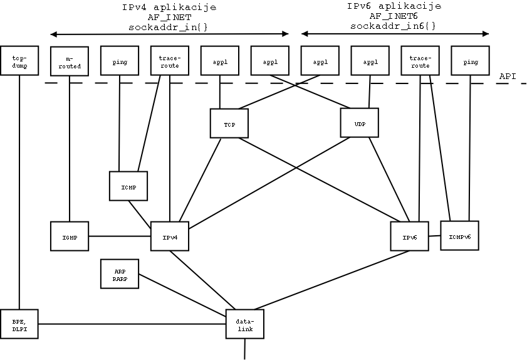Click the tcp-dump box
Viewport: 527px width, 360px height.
[x=19, y=60]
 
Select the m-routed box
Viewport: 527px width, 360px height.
[x=69, y=62]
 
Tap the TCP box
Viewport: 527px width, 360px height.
[x=229, y=124]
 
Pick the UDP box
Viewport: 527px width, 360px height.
[x=360, y=124]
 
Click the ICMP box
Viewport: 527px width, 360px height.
[x=128, y=186]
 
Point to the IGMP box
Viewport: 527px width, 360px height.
[x=69, y=236]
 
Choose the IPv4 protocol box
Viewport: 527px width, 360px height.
[x=170, y=236]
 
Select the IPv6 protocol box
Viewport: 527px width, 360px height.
[x=410, y=236]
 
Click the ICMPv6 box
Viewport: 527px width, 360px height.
[x=459, y=235]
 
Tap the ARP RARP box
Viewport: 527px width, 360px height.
[x=120, y=274]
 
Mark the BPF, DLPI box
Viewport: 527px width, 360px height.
[x=19, y=324]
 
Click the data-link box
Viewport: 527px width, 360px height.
[x=245, y=324]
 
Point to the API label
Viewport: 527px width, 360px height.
[x=508, y=76]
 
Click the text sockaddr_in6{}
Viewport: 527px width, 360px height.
[x=394, y=26]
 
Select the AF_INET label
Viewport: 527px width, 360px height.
[x=169, y=17]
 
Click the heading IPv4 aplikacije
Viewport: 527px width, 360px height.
[x=169, y=8]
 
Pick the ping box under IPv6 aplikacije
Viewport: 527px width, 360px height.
[x=470, y=61]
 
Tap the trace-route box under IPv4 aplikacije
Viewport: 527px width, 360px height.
[x=169, y=61]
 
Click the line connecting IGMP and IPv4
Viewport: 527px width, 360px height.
[x=119, y=236]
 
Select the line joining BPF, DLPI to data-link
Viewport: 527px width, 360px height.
[x=132, y=324]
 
